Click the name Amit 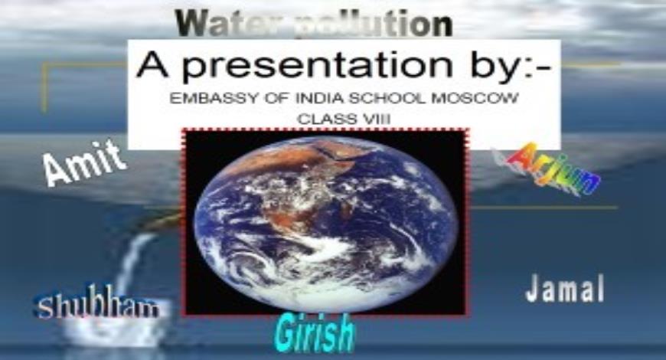[x=84, y=162]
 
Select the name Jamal [x=565, y=290]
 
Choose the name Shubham [x=98, y=307]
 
